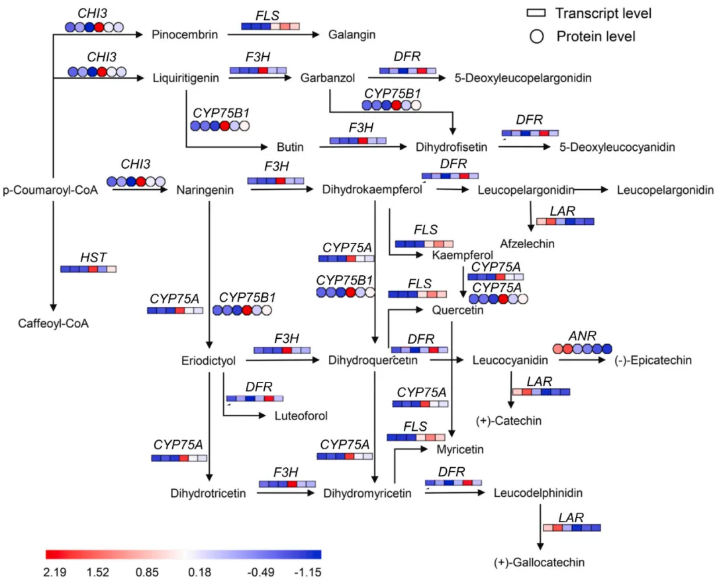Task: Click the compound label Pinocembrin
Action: tap(185, 34)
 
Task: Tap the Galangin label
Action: tap(352, 34)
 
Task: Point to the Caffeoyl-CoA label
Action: tap(54, 324)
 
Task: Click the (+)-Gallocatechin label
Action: tap(540, 562)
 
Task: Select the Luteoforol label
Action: tap(301, 416)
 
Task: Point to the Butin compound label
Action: tap(290, 147)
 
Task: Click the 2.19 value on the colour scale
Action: tap(56, 571)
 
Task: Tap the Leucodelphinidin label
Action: tap(539, 493)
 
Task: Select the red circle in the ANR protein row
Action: tap(557, 349)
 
